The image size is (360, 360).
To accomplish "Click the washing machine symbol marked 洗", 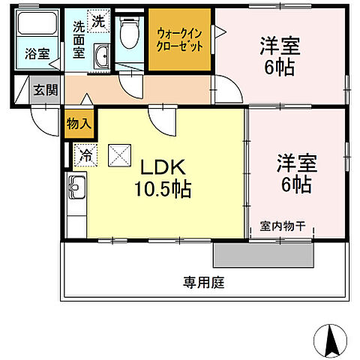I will tap(99, 22).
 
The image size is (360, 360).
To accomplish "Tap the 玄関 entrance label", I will tap(44, 90).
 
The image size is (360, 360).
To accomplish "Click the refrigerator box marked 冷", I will tap(85, 156).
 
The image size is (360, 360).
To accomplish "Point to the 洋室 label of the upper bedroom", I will tap(280, 46).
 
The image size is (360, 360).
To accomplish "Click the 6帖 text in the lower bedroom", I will tap(295, 185).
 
